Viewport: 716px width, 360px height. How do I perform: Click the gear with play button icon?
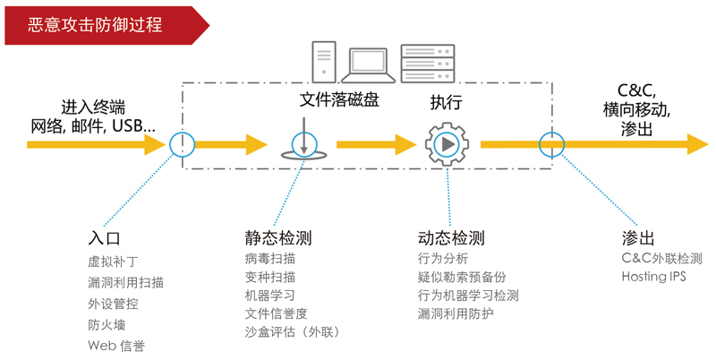(445, 143)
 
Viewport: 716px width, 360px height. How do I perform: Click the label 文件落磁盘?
(339, 99)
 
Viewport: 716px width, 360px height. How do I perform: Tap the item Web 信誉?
(116, 346)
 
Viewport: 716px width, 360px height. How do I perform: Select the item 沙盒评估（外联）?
(293, 332)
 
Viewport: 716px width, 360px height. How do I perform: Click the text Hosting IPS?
(653, 277)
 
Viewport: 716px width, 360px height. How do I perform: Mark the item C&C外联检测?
(661, 258)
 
